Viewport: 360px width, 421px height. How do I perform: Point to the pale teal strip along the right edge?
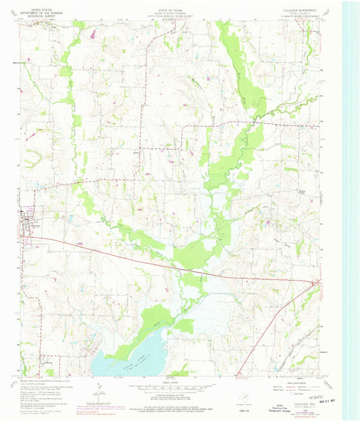351,202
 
